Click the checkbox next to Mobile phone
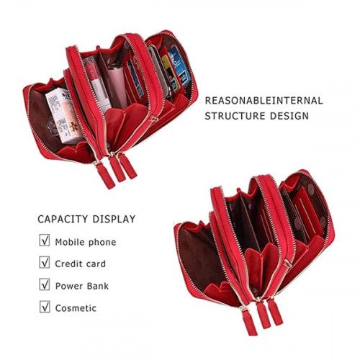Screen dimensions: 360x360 coord(45,240)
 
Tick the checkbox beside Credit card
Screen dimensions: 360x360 coord(45,262)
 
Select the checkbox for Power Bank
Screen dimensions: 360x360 coord(45,284)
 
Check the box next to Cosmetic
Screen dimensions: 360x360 coord(45,307)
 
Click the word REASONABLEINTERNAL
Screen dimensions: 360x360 coord(264,101)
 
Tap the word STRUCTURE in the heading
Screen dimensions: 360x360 coord(235,116)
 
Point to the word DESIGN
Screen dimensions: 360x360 coord(289,116)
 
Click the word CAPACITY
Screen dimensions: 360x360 coord(63,219)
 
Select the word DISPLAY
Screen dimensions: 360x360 coord(114,219)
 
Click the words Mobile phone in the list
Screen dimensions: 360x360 coord(86,242)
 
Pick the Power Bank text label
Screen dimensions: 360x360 coord(82,286)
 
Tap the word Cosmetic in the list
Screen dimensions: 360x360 coord(76,308)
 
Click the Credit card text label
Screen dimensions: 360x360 coord(80,264)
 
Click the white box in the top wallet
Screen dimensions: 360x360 coord(63,115)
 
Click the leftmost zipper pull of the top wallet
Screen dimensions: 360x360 coord(105,175)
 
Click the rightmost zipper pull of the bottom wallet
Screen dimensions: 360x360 coord(275,311)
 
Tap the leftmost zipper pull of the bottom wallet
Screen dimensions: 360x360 coord(249,322)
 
